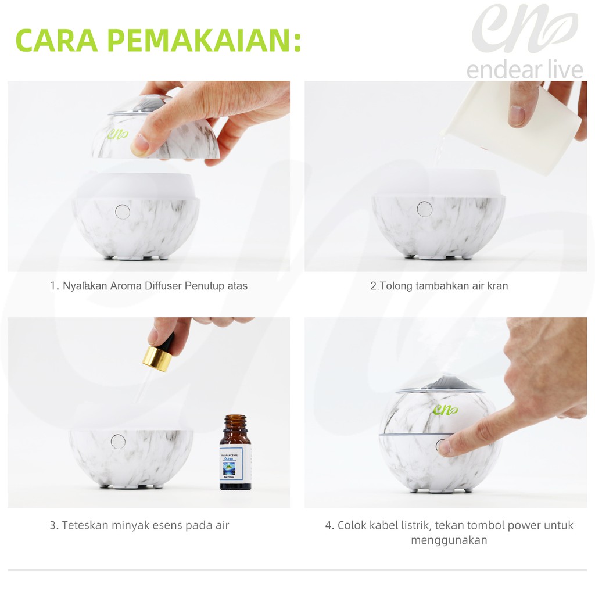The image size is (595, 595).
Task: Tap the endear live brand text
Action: (524, 70)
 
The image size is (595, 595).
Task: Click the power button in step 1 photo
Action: (122, 212)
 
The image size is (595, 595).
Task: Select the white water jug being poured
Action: (511, 125)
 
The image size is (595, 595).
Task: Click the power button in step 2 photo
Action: (425, 209)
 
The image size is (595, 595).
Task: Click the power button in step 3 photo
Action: (118, 442)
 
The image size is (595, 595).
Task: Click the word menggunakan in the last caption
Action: (449, 540)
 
